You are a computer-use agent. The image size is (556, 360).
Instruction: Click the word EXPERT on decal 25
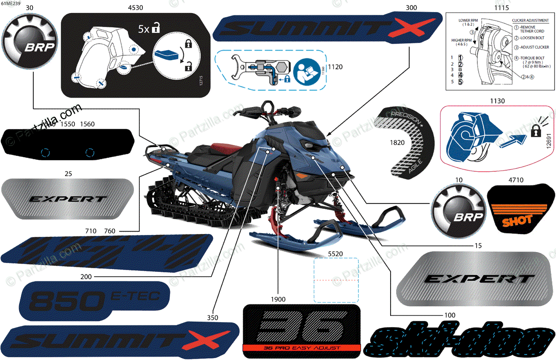(68, 199)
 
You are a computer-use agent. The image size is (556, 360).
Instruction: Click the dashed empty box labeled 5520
(336, 280)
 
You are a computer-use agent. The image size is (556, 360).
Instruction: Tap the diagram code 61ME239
(10, 3)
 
